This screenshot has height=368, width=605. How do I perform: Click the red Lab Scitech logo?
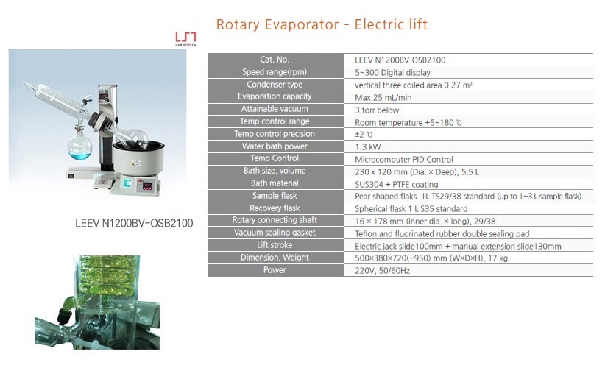click(185, 39)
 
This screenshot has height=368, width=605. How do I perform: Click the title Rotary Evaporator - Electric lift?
click(322, 24)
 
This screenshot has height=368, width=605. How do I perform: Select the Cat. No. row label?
click(275, 60)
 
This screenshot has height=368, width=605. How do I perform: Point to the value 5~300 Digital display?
click(392, 73)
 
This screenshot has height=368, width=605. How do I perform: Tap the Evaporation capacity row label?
click(275, 96)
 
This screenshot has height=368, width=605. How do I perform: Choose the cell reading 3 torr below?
click(377, 110)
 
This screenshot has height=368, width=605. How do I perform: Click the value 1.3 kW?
click(368, 147)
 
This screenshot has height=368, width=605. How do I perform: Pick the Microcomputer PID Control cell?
click(404, 159)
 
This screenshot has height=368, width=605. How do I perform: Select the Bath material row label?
click(275, 183)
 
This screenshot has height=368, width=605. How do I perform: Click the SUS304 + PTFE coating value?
click(396, 185)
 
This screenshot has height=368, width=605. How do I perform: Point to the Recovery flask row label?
click(275, 208)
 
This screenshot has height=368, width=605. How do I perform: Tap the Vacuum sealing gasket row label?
click(275, 233)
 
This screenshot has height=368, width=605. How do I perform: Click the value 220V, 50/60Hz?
click(383, 271)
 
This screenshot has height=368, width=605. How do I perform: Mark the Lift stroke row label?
click(275, 245)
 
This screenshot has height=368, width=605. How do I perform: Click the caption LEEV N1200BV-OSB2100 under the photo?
click(134, 223)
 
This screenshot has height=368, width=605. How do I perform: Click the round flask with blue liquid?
click(80, 146)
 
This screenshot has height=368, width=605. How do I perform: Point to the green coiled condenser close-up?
click(98, 302)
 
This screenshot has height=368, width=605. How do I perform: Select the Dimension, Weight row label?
click(275, 258)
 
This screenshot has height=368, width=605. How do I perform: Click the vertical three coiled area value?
click(413, 85)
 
